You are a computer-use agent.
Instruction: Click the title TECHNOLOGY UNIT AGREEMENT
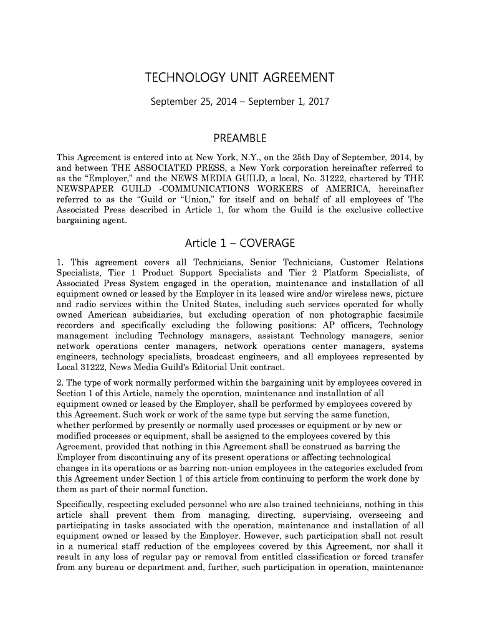coord(240,78)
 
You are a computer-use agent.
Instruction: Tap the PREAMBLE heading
coord(240,138)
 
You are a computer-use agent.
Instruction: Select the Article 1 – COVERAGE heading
coord(240,243)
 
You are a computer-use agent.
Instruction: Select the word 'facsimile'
coord(403,313)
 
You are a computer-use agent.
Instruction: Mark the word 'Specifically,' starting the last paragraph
coord(78,504)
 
